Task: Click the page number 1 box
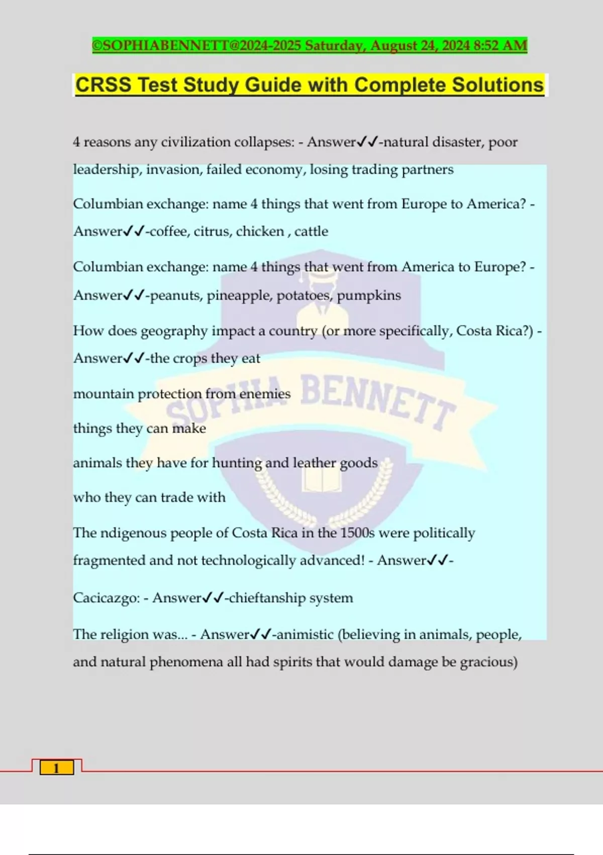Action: click(x=56, y=768)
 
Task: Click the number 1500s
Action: click(x=357, y=533)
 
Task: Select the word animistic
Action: click(x=305, y=635)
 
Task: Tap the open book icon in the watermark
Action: click(x=322, y=480)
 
